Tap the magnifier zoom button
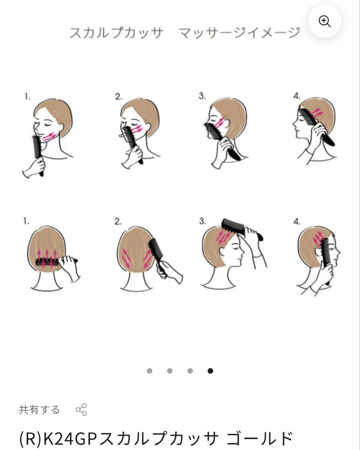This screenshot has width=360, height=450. click(x=325, y=21)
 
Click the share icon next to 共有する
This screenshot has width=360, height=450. click(x=81, y=410)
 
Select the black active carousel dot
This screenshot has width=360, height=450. click(x=210, y=371)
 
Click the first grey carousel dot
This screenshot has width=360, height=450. click(x=150, y=371)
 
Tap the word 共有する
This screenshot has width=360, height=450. click(x=39, y=410)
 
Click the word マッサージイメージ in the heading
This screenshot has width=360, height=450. click(x=240, y=32)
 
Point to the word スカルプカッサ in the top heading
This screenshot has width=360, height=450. click(x=117, y=32)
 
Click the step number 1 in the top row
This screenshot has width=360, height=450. click(x=27, y=97)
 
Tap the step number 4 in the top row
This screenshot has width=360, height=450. click(x=297, y=96)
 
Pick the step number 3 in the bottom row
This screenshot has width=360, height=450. click(x=202, y=221)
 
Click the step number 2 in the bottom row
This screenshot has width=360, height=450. click(x=118, y=221)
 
